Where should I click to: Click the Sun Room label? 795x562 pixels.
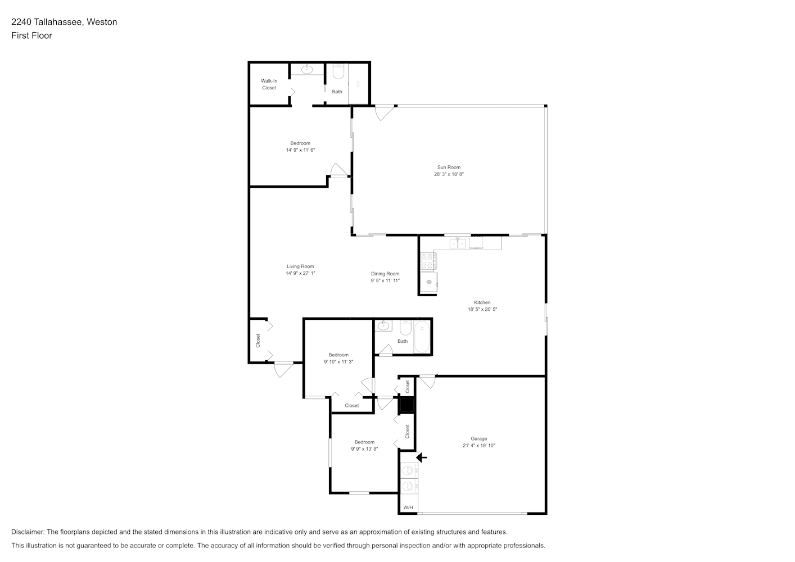[449, 167]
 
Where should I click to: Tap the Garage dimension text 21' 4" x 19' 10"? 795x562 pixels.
[479, 445]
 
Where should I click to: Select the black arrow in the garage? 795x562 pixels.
[421, 457]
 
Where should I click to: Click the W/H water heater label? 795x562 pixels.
[408, 507]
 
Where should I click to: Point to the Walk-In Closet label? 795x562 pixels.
[269, 84]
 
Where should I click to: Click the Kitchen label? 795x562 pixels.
[482, 302]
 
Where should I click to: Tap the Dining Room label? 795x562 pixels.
[385, 274]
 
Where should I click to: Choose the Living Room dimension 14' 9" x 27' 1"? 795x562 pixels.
[300, 273]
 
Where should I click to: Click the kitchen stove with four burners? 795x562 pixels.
[428, 261]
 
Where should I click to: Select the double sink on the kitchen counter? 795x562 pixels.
[458, 243]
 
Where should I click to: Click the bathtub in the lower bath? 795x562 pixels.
[422, 337]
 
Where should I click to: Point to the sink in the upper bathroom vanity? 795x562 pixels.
[307, 69]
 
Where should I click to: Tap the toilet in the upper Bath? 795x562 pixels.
[338, 72]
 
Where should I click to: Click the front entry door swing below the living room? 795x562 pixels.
[283, 369]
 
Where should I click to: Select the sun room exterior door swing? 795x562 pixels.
[385, 112]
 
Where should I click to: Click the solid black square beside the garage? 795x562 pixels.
[406, 405]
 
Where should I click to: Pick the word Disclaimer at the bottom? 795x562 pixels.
[28, 532]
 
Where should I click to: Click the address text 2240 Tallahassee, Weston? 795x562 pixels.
[64, 22]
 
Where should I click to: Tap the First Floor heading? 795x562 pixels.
[31, 35]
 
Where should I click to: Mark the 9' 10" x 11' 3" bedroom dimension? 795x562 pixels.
[338, 361]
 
